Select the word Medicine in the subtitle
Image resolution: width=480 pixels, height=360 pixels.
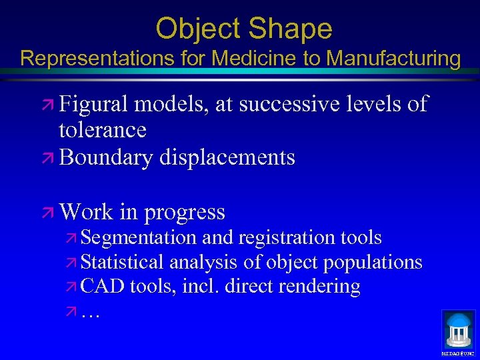pos(255,58)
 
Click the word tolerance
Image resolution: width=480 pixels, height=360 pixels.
pos(102,129)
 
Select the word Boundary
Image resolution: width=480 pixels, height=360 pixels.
pos(105,157)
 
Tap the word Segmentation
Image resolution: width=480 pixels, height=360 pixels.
pos(139,237)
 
